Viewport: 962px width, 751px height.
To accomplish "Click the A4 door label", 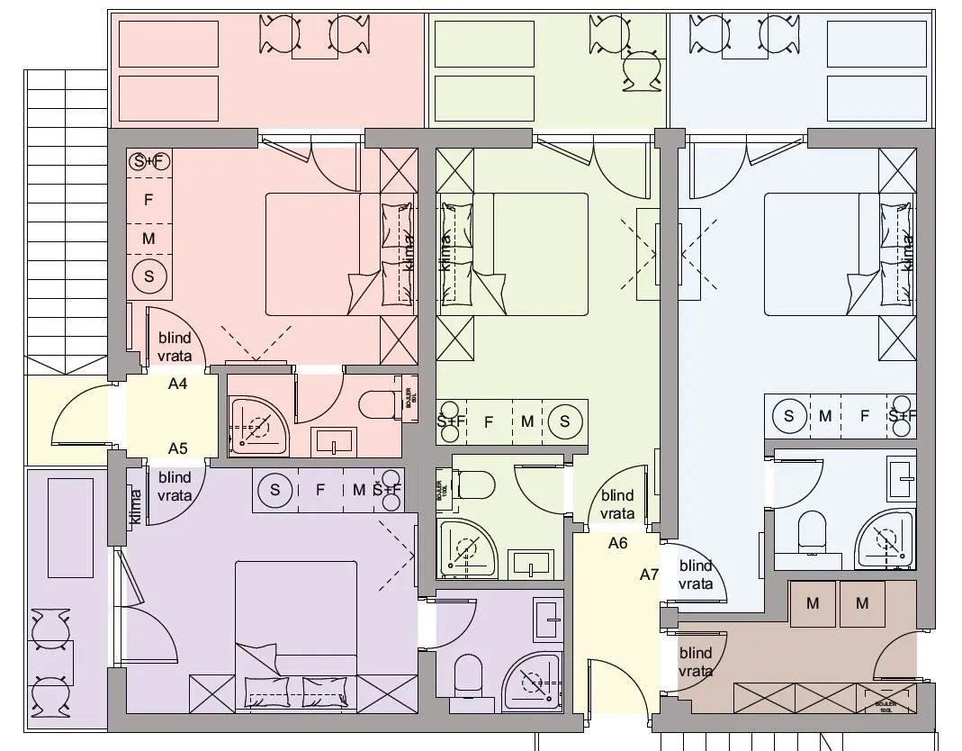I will pos(177,384).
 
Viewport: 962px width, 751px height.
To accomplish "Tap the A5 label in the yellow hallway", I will pos(177,448).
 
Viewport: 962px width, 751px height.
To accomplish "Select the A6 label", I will pos(617,543).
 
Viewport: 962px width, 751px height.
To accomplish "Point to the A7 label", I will pos(650,575).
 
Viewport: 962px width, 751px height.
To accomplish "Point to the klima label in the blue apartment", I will pos(907,252).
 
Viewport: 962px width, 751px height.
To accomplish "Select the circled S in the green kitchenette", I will pos(565,421).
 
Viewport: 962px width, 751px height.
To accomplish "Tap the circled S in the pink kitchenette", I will pos(149,276).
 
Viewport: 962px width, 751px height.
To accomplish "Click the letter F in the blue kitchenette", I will pos(865,415).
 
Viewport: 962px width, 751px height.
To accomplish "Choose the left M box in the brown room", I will pos(813,603).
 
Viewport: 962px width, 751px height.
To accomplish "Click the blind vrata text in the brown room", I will pos(696,662).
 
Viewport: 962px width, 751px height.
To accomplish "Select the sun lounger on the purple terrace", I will pos(70,528).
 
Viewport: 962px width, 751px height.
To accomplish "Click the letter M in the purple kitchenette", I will pos(359,490).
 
